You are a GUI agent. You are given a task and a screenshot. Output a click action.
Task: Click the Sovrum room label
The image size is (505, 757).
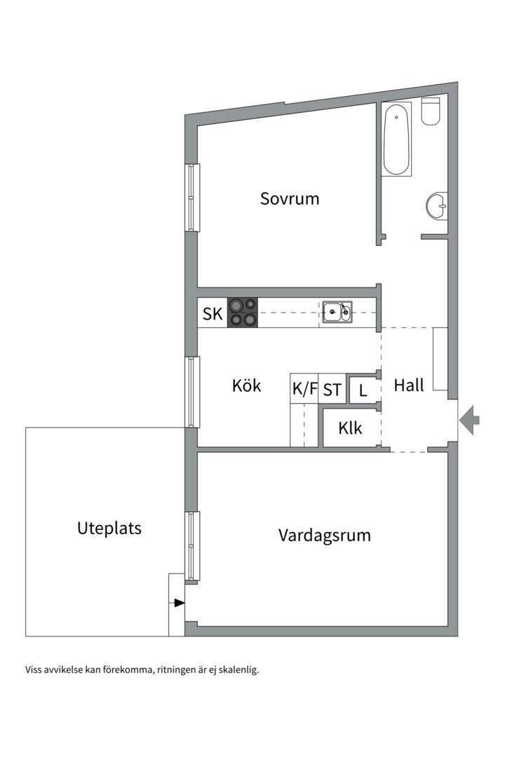click(290, 198)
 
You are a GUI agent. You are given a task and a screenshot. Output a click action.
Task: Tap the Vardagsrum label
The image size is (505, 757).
click(324, 536)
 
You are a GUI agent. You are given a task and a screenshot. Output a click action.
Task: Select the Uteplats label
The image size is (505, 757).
click(109, 528)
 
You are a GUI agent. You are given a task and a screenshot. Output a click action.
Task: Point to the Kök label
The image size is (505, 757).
click(246, 386)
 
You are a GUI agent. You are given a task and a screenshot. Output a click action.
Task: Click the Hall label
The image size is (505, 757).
click(409, 385)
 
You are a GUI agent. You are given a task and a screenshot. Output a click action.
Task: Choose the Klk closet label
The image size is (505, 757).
click(350, 428)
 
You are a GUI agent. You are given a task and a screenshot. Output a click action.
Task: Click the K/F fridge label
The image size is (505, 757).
click(304, 390)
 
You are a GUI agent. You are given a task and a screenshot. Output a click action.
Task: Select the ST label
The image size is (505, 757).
click(332, 390)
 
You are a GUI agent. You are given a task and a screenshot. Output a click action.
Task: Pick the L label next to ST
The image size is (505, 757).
click(363, 390)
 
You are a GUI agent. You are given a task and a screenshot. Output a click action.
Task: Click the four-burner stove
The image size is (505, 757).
click(243, 313)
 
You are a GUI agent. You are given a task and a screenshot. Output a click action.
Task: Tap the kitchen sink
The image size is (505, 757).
click(337, 312)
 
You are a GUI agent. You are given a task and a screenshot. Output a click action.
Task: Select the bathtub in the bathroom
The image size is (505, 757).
click(396, 139)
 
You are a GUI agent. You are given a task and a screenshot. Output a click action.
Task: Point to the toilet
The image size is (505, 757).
click(431, 111)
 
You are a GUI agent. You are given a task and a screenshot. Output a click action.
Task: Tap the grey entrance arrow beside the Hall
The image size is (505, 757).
click(470, 420)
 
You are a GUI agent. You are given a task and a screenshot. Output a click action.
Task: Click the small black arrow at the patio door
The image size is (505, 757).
click(180, 603)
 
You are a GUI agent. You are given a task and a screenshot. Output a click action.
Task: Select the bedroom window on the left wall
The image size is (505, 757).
click(192, 198)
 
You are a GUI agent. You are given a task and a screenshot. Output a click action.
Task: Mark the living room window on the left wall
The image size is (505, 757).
click(192, 546)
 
